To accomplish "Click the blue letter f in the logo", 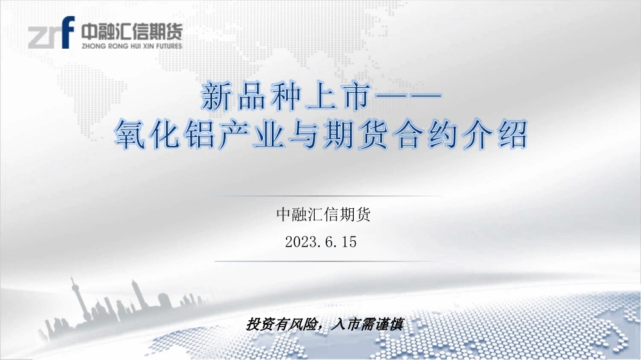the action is pyautogui.click(x=69, y=32).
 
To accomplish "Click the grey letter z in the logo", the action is pyautogui.click(x=38, y=38).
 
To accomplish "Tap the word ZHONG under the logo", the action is pyautogui.click(x=94, y=46).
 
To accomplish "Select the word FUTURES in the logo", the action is pyautogui.click(x=169, y=46).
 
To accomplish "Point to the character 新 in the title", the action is pyautogui.click(x=217, y=97).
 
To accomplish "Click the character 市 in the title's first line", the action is pyautogui.click(x=357, y=97).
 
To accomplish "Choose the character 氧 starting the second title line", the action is pyautogui.click(x=130, y=134).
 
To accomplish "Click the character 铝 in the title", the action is pyautogui.click(x=199, y=134).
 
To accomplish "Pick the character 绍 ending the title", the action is pyautogui.click(x=513, y=134).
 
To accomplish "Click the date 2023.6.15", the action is pyautogui.click(x=321, y=242).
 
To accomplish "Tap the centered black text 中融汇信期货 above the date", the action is pyautogui.click(x=323, y=214).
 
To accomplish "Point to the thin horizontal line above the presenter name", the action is pyautogui.click(x=323, y=196).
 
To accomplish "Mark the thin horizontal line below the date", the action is pyautogui.click(x=335, y=261).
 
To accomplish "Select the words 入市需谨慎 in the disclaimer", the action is pyautogui.click(x=367, y=325).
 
